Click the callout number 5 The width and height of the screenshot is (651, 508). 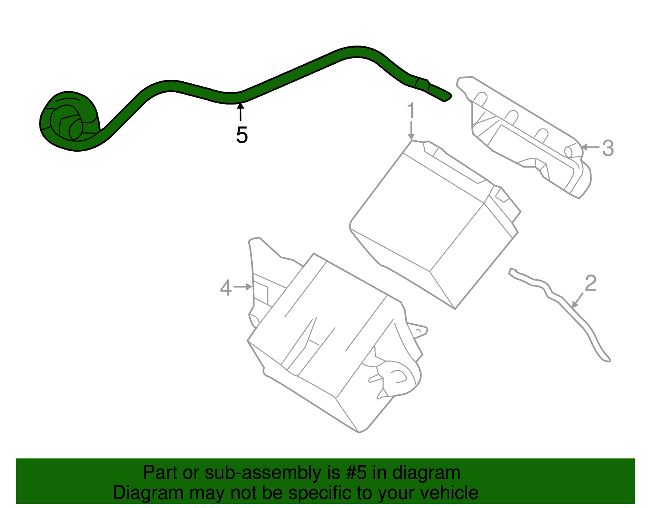point(242,135)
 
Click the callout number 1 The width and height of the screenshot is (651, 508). point(411,111)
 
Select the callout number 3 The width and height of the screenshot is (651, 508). point(608,148)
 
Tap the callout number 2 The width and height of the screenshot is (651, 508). point(591,283)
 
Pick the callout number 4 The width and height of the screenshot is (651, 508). point(226,288)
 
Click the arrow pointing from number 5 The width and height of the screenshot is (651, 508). point(241,112)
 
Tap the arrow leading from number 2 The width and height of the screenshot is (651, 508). point(578,301)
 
